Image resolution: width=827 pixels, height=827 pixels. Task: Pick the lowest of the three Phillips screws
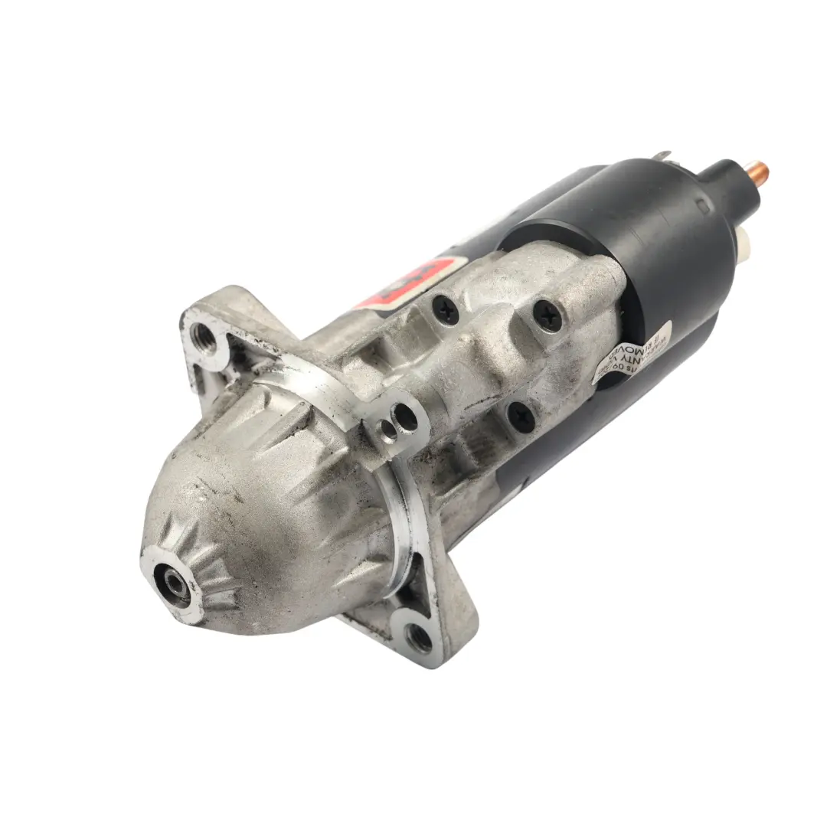521,416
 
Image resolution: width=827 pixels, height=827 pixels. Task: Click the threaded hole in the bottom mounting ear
419,637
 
